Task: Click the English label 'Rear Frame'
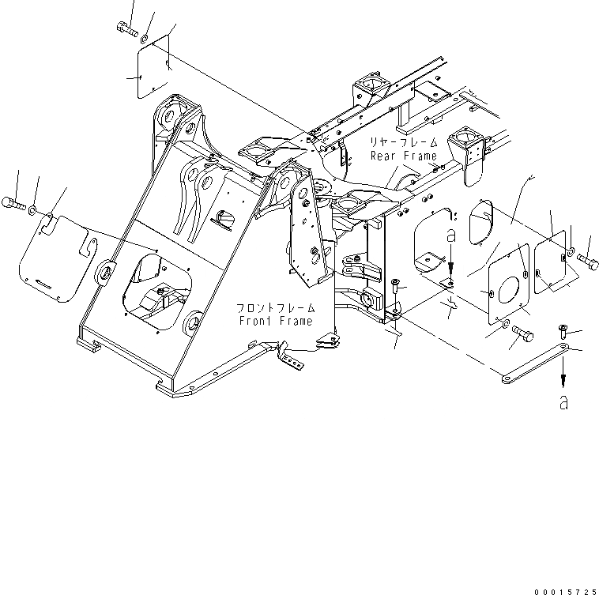(403, 156)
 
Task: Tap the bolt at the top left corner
(126, 29)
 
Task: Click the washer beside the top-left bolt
(147, 36)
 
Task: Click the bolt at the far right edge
(588, 258)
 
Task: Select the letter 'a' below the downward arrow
(563, 403)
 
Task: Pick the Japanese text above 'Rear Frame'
(405, 142)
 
